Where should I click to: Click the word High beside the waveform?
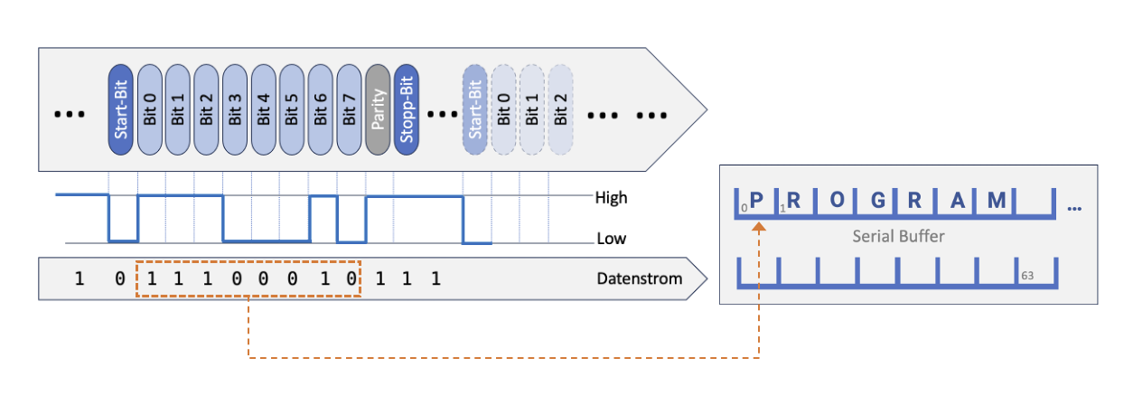(612, 197)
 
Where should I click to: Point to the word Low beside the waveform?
(610, 240)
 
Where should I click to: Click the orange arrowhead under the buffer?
(759, 230)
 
